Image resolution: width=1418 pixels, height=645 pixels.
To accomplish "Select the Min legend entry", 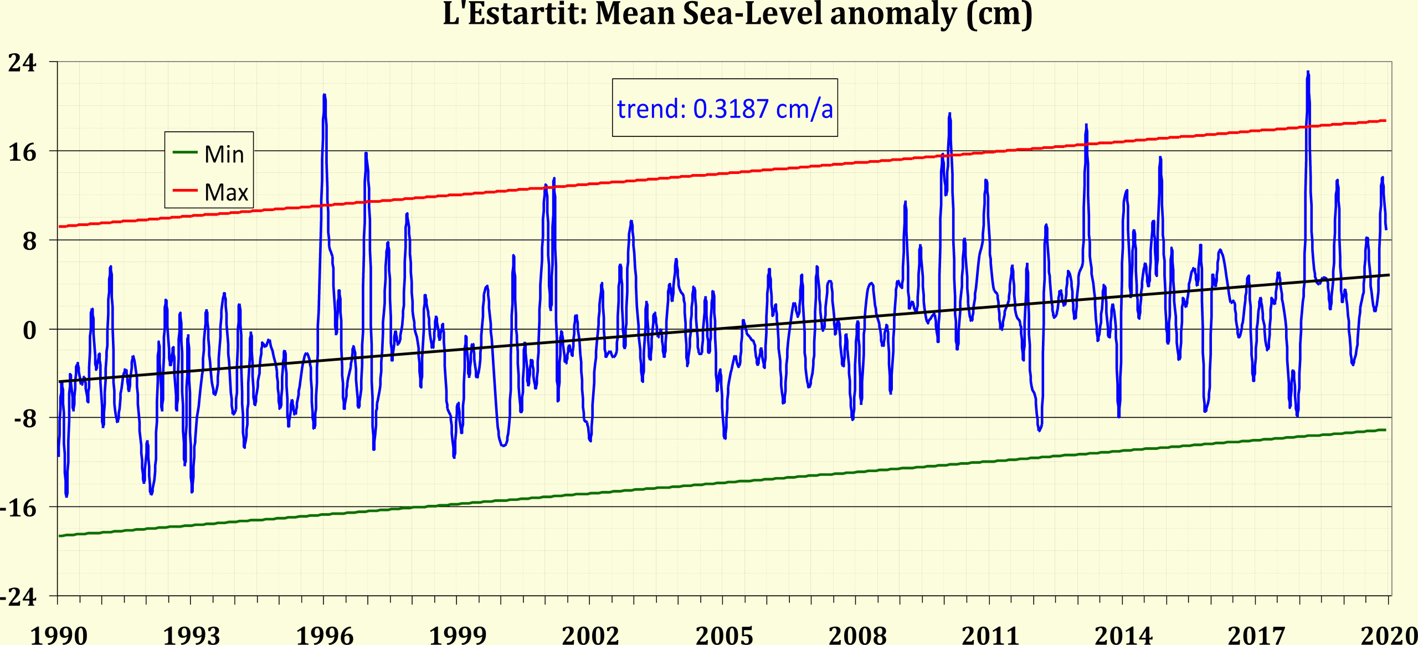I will [223, 154].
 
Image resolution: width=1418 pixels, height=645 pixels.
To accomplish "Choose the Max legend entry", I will [225, 192].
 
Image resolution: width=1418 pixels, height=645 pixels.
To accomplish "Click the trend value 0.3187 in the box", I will [731, 109].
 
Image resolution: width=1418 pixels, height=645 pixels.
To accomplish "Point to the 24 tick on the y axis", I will [22, 63].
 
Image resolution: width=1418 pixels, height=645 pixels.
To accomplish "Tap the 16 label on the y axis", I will [22, 152].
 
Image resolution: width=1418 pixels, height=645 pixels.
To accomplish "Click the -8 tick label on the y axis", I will [25, 419].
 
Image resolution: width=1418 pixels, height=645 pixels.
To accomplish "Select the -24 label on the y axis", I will [18, 597].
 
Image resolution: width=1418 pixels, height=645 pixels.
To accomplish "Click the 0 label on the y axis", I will [29, 330].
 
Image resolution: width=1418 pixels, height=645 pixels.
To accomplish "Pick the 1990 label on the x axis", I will [58, 635].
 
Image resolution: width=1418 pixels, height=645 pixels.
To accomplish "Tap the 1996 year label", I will [325, 635].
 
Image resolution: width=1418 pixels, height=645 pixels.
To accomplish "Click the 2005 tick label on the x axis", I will [724, 635].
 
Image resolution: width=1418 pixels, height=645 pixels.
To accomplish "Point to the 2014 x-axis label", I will [1123, 635].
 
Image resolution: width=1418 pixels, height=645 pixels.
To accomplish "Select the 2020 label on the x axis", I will [1389, 635].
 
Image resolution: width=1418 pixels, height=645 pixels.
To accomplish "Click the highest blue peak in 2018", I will [1308, 73].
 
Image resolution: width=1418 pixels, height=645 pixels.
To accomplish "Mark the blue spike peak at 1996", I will [324, 96].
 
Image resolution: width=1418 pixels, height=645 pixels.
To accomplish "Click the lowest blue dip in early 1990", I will [66, 495].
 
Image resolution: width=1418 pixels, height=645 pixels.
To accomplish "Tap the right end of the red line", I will [1385, 121].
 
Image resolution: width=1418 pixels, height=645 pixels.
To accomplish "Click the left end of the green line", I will [60, 536].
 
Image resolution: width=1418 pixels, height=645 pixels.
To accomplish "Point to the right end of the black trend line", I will [1388, 275].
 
